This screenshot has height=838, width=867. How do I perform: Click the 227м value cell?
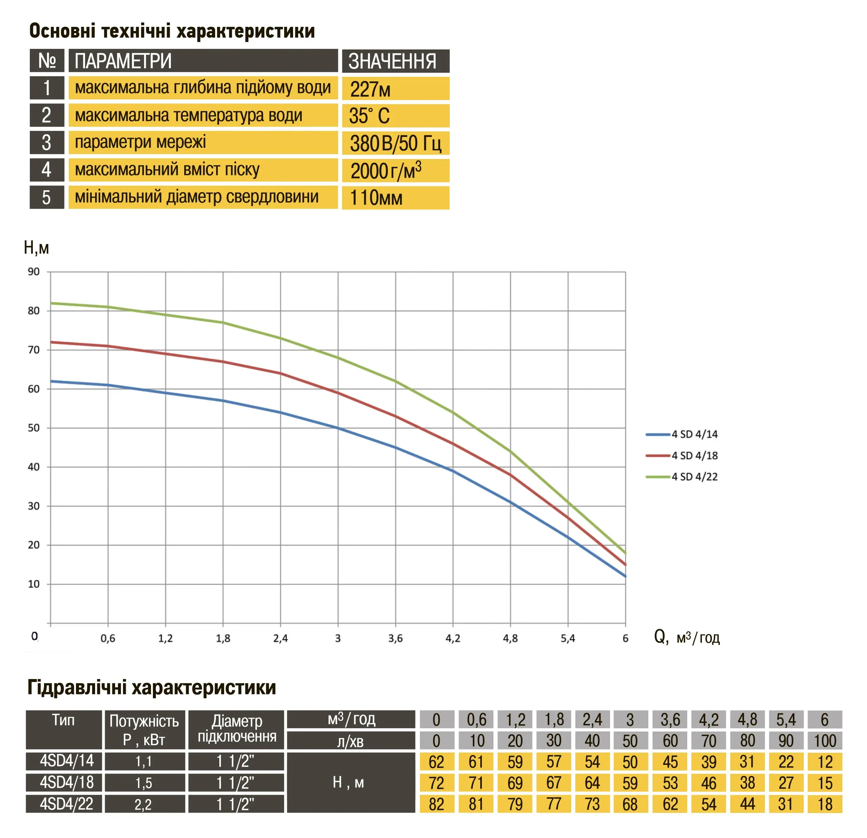pyautogui.click(x=395, y=89)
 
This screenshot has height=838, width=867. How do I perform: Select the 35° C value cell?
pyautogui.click(x=395, y=116)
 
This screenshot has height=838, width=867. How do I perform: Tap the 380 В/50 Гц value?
pyautogui.click(x=395, y=143)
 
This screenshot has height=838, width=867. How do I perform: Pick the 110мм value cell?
pyautogui.click(x=395, y=197)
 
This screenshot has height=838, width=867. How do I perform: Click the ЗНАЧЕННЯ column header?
pyautogui.click(x=395, y=61)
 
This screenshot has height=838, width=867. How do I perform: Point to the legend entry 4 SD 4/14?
pyautogui.click(x=694, y=434)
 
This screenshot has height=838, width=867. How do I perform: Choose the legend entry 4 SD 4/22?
pyautogui.click(x=694, y=477)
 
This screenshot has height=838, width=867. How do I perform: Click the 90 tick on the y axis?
pyautogui.click(x=34, y=272)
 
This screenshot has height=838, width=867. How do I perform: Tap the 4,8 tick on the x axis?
pyautogui.click(x=510, y=638)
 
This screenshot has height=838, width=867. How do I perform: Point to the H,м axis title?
pyautogui.click(x=36, y=248)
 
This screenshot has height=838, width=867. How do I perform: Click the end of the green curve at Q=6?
pyautogui.click(x=625, y=553)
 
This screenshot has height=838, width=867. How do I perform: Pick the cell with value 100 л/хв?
pyautogui.click(x=824, y=741)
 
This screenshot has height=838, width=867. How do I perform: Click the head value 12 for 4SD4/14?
pyautogui.click(x=824, y=762)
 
